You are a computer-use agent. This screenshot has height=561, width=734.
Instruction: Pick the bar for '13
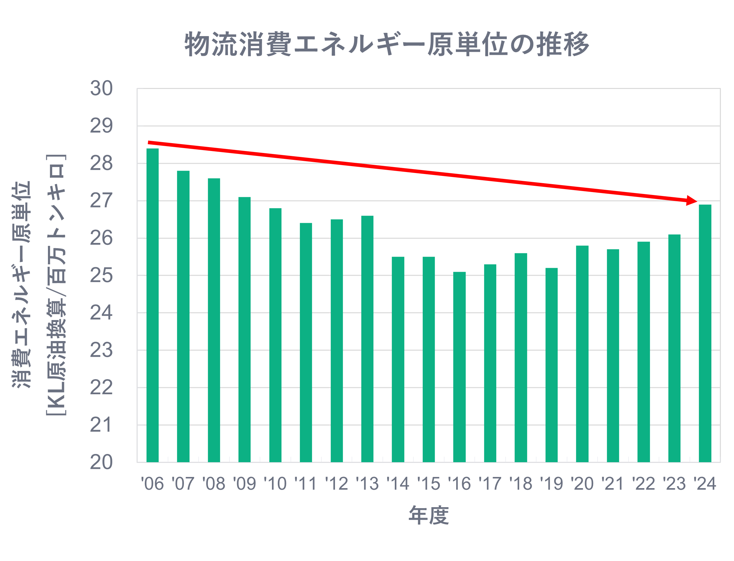point(367,339)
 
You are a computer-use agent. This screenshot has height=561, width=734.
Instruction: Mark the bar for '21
point(613,355)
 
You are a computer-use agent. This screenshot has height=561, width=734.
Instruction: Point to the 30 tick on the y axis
point(101,89)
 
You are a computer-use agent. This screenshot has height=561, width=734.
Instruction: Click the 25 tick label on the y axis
point(101,276)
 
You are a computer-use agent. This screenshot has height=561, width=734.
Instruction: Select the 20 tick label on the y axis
point(101,463)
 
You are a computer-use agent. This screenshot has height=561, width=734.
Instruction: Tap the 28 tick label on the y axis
point(101,163)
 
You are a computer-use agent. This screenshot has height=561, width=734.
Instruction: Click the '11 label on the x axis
point(305,484)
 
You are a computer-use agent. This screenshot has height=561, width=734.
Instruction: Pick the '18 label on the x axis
point(521,484)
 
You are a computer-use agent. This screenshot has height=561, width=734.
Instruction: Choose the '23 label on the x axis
point(674,484)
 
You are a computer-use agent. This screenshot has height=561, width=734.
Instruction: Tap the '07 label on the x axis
point(183,484)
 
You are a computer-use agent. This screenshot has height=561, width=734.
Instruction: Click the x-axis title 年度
point(429,516)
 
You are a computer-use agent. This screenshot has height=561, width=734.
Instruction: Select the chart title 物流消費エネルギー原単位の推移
point(387,44)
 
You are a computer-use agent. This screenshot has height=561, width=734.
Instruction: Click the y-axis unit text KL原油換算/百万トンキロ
point(56,285)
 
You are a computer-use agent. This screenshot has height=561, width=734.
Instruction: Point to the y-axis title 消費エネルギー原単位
point(21,285)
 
